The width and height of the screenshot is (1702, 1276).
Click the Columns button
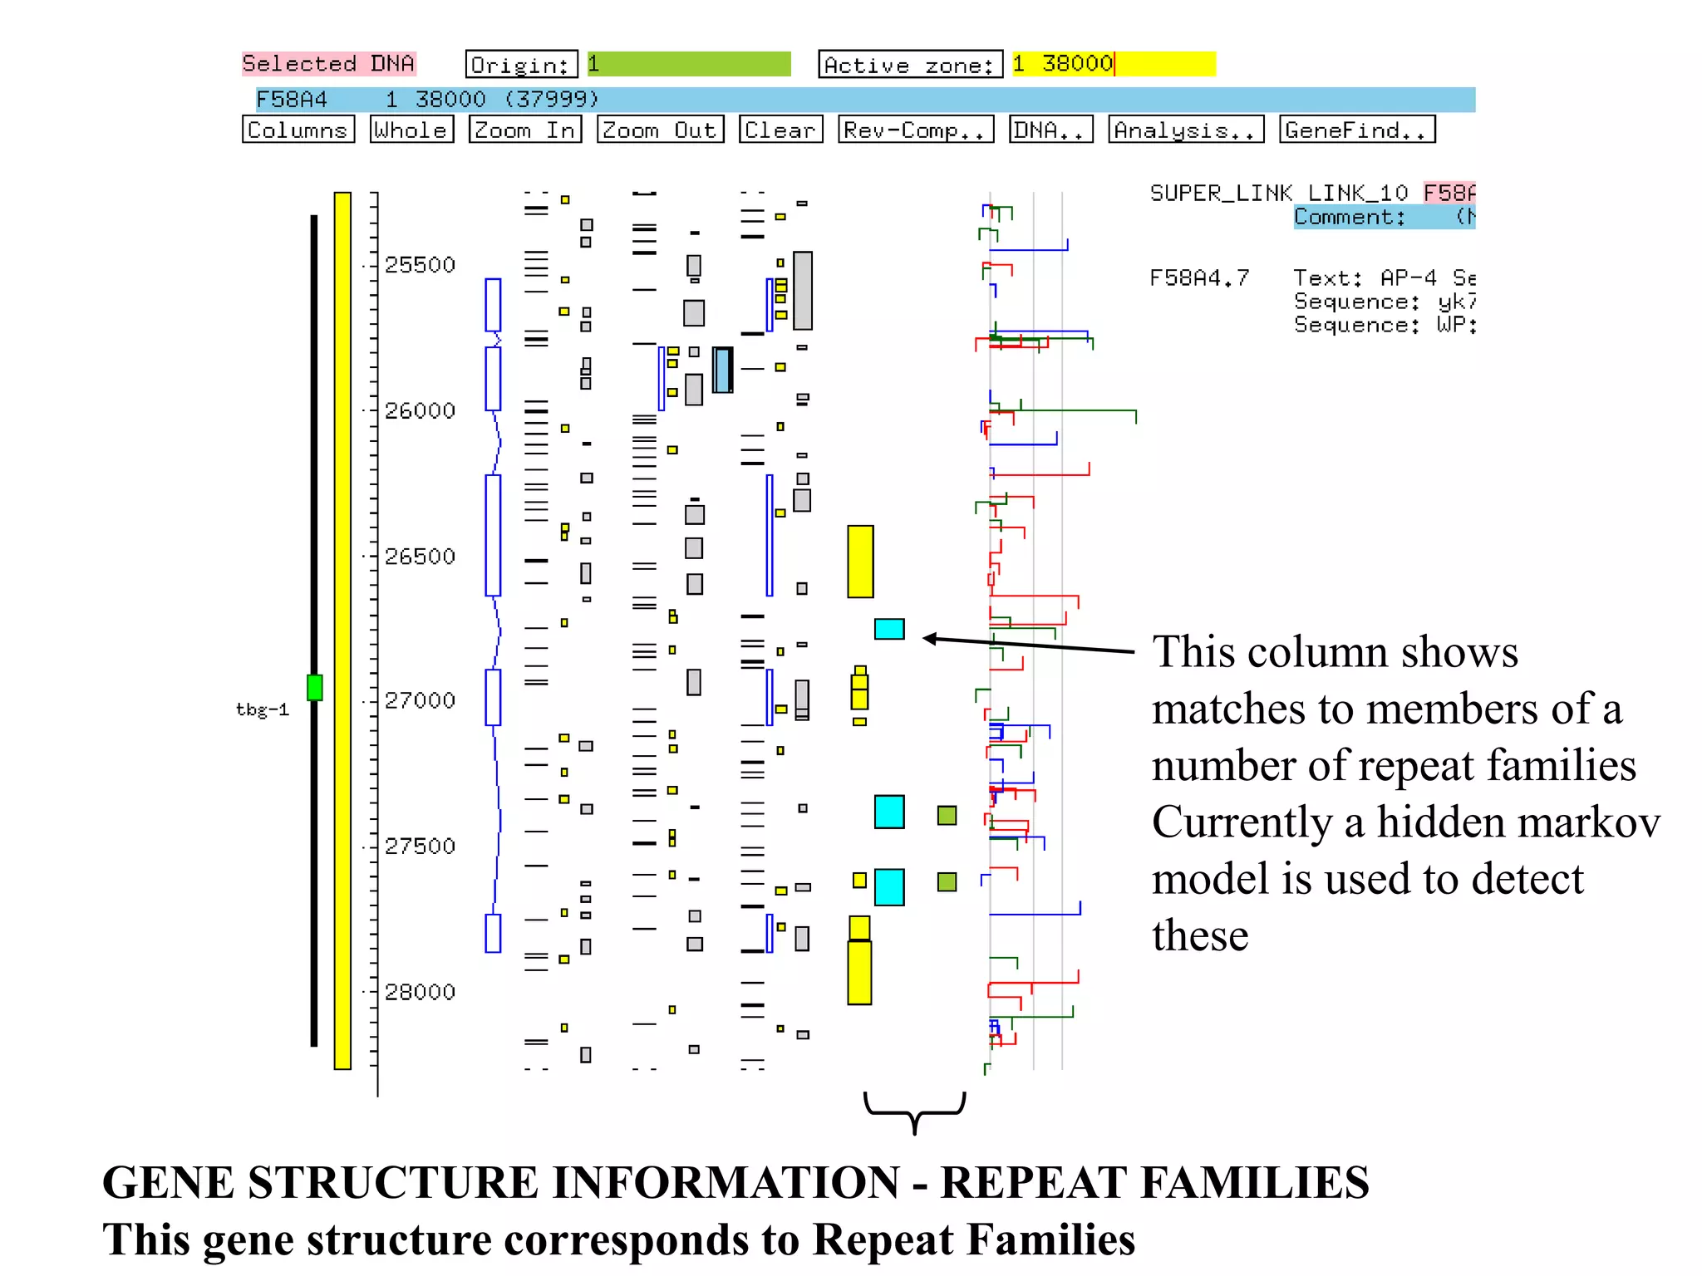298,130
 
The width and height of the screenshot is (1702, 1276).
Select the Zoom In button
524,130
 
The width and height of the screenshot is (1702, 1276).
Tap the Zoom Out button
660,130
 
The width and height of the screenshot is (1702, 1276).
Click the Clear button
780,130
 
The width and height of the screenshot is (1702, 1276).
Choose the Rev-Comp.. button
915,130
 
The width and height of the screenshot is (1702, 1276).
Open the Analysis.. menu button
1185,130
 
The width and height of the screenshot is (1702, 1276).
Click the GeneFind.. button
1356,130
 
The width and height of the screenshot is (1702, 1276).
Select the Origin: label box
521,64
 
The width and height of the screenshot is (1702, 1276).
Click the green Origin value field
689,64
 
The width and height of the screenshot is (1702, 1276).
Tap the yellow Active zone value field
1113,64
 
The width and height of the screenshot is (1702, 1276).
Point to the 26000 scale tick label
420,410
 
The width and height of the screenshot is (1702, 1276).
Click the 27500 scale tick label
420,846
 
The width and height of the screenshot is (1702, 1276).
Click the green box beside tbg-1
314,687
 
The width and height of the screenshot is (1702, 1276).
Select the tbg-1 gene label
262,709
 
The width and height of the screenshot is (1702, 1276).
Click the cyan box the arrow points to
888,629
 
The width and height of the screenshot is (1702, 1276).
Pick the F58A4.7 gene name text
1198,277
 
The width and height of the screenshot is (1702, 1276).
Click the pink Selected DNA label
328,63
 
